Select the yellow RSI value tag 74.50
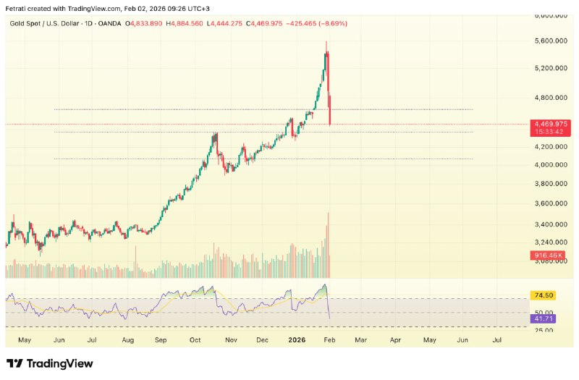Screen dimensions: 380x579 (x=543, y=295)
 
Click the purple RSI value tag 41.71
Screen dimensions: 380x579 (x=543, y=318)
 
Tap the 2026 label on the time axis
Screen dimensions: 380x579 (x=297, y=339)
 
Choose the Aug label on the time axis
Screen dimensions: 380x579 (x=127, y=339)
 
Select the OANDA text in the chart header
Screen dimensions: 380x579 (x=110, y=24)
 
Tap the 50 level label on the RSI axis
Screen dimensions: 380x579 (x=540, y=312)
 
